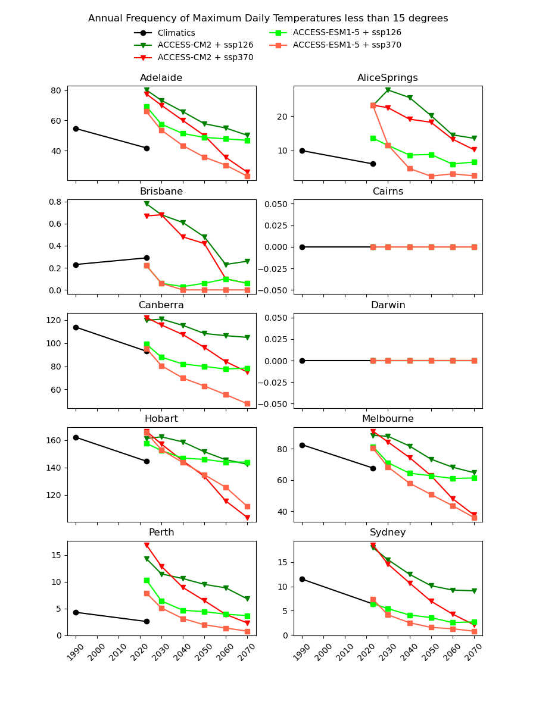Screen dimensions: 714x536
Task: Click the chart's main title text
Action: pyautogui.click(x=268, y=18)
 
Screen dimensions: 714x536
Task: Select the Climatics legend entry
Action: pyautogui.click(x=176, y=33)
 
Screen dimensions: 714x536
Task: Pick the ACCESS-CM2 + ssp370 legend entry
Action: pyautogui.click(x=205, y=58)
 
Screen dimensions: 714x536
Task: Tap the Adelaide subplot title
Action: pyautogui.click(x=161, y=78)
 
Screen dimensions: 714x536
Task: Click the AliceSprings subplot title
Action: pyautogui.click(x=388, y=78)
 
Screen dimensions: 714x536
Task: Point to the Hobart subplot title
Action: pyautogui.click(x=161, y=419)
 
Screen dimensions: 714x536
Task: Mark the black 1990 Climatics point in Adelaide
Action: pyautogui.click(x=76, y=129)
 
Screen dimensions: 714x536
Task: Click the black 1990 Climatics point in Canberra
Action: pyautogui.click(x=76, y=327)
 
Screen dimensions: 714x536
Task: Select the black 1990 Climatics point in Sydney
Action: pyautogui.click(x=302, y=579)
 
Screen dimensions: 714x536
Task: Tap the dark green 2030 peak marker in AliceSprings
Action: pyautogui.click(x=388, y=90)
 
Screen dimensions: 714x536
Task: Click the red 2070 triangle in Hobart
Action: pyautogui.click(x=247, y=518)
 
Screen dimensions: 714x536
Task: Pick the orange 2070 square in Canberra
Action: pyautogui.click(x=247, y=403)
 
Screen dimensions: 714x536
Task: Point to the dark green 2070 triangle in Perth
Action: pyautogui.click(x=247, y=599)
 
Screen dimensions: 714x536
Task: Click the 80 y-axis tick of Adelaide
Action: pyautogui.click(x=56, y=90)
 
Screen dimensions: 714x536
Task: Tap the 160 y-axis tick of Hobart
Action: pyautogui.click(x=54, y=440)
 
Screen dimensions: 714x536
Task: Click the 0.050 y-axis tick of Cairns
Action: pyautogui.click(x=278, y=204)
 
